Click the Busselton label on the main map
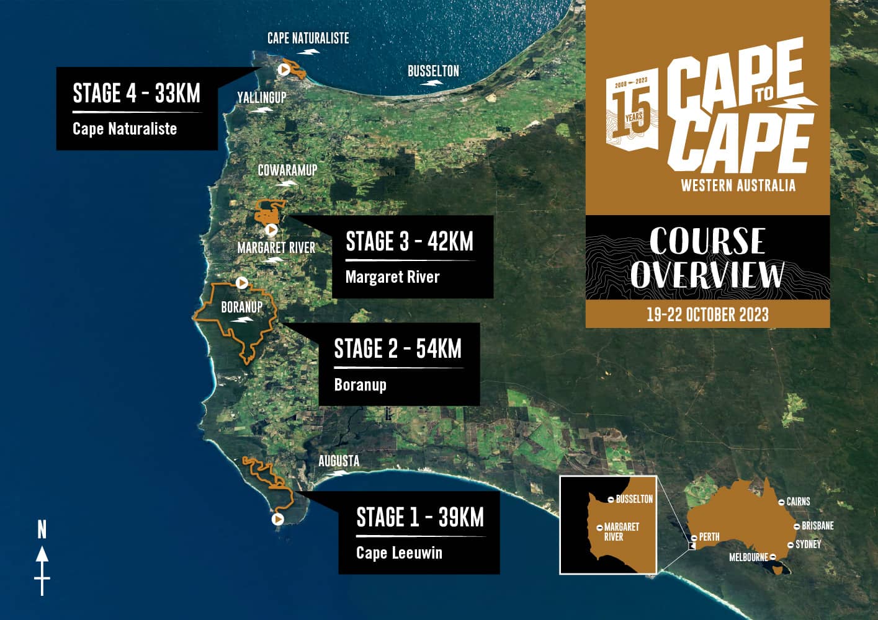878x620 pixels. (x=433, y=71)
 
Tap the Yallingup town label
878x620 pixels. (x=261, y=97)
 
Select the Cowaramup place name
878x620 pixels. (x=287, y=170)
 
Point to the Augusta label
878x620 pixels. (x=339, y=461)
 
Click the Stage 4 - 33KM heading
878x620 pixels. (x=137, y=94)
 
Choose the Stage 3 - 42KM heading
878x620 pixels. (x=410, y=242)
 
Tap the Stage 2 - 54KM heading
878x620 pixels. (x=398, y=349)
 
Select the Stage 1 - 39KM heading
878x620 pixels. (x=420, y=518)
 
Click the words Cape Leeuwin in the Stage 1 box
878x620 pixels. (x=399, y=553)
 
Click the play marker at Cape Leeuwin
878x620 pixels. (x=278, y=518)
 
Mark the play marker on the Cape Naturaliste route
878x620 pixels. (x=284, y=69)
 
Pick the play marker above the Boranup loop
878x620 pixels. (x=242, y=283)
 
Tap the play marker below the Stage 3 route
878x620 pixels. (x=271, y=229)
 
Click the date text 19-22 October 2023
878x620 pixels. (x=707, y=314)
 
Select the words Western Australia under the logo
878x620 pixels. (x=738, y=185)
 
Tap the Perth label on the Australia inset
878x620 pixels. (x=709, y=537)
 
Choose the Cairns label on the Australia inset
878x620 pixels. (x=798, y=502)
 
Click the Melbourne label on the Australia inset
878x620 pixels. (x=748, y=557)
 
